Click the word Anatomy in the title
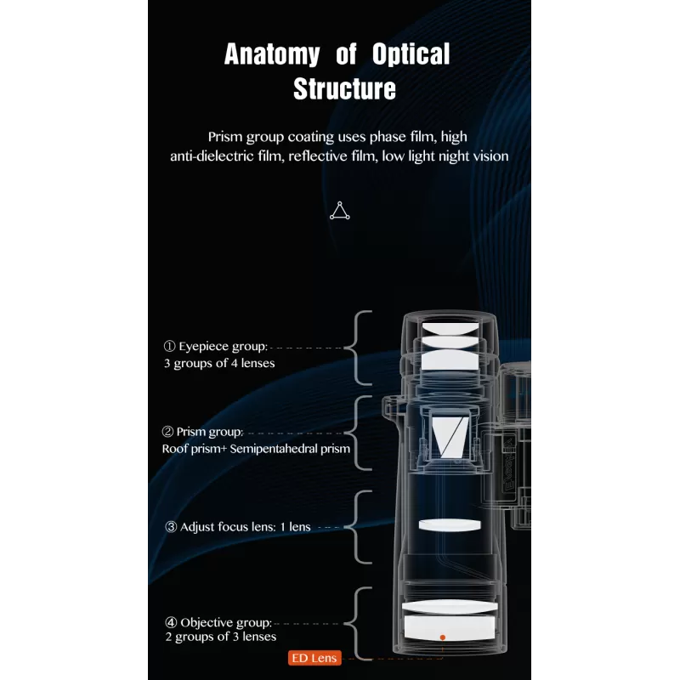[272, 54]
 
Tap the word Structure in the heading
[344, 88]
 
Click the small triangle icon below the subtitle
[339, 211]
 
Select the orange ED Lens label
[314, 658]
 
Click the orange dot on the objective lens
[442, 637]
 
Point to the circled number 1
[169, 346]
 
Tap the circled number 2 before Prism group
[167, 432]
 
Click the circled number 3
[171, 527]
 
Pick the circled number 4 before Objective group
[171, 622]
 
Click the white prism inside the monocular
[450, 437]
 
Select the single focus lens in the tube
[450, 524]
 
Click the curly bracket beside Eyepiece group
[359, 348]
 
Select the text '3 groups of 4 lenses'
[219, 363]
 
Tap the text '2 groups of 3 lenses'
[220, 636]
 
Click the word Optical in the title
[411, 54]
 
